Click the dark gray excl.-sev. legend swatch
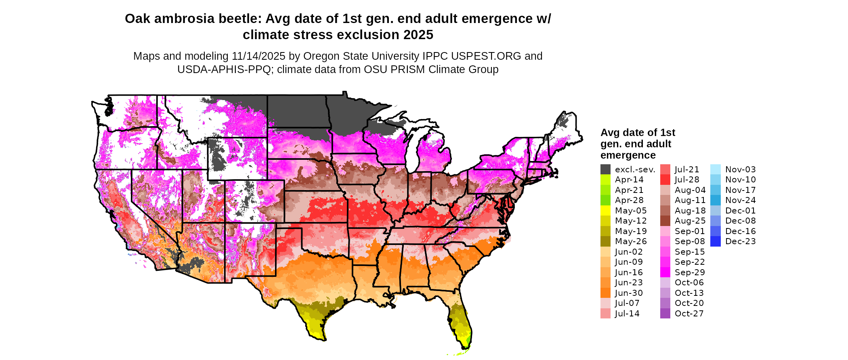[x=605, y=170]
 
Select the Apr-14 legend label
[x=629, y=180]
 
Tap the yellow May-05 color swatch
[x=605, y=211]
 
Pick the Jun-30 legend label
[x=629, y=293]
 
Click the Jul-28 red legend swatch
[x=665, y=180]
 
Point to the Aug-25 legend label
[x=690, y=221]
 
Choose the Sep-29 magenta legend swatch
[x=665, y=272]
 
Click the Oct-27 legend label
[x=689, y=314]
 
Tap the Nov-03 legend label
[x=740, y=170]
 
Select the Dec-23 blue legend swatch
[x=715, y=241]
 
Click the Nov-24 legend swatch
[x=715, y=200]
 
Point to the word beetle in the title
[x=237, y=19]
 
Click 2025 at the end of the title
[x=418, y=35]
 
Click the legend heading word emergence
[x=628, y=155]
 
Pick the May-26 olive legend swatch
[x=605, y=241]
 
